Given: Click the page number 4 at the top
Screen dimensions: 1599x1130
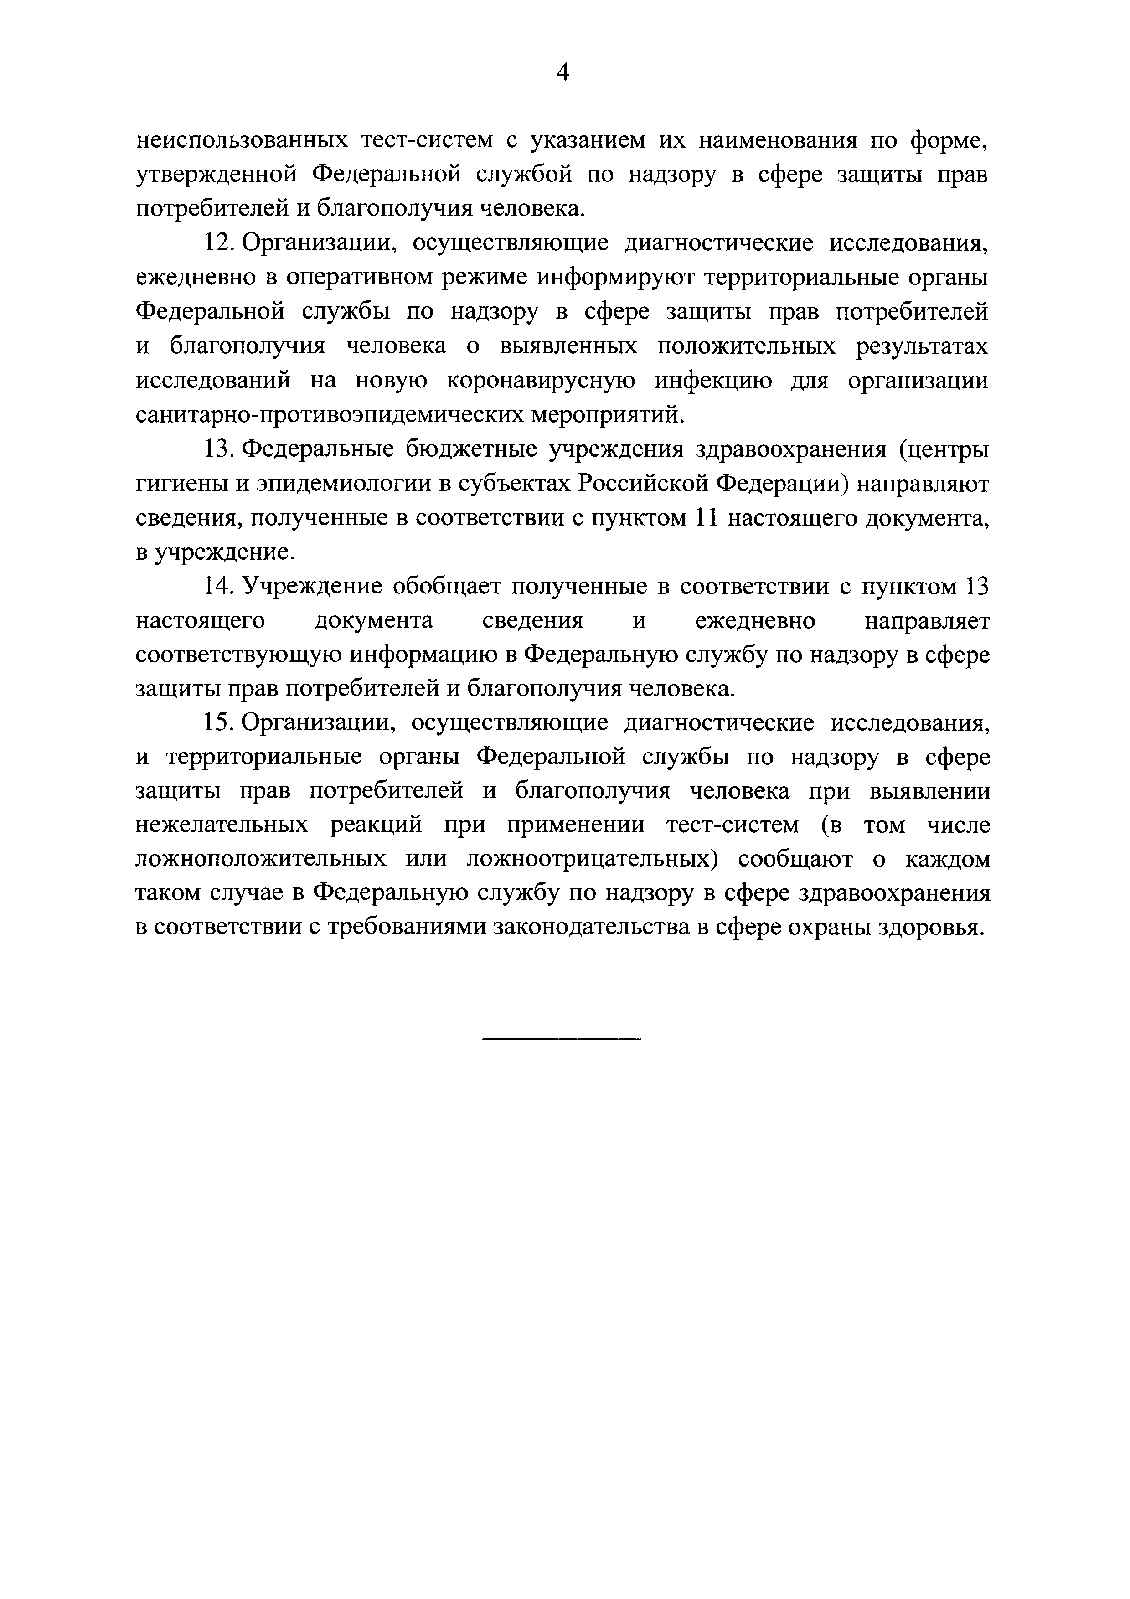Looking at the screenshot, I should coord(563,72).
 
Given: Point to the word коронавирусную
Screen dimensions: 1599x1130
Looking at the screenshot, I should coord(540,381).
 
